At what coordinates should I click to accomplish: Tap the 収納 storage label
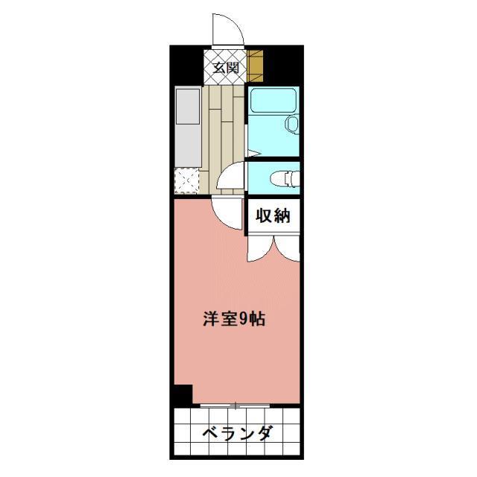(x=273, y=217)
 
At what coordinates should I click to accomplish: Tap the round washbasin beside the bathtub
(x=292, y=123)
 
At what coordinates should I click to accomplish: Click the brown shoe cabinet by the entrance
(x=256, y=66)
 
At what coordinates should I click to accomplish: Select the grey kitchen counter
(x=187, y=127)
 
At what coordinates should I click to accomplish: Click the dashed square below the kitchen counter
(x=187, y=180)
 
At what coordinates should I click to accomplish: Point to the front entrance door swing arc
(x=227, y=30)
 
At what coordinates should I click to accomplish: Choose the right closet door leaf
(x=288, y=247)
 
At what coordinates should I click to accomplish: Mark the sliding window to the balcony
(x=236, y=405)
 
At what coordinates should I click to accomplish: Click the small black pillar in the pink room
(x=181, y=395)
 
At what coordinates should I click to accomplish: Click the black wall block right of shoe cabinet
(x=284, y=66)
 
